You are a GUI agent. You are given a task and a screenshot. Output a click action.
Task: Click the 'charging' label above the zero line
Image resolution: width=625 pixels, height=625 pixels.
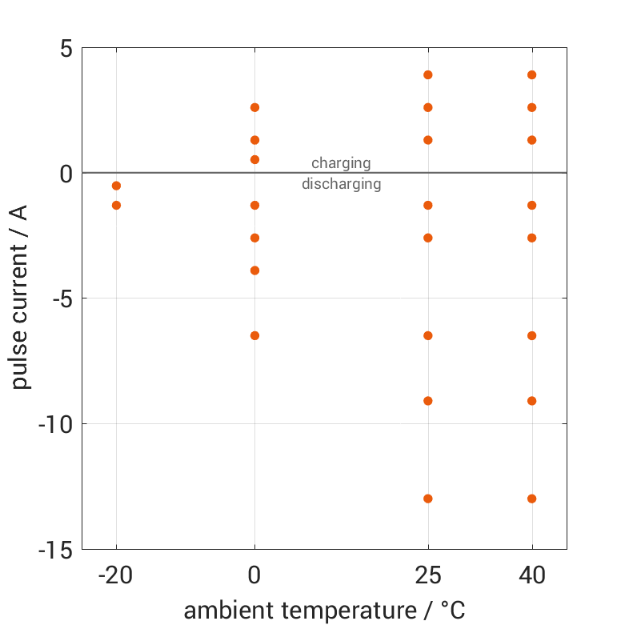[x=341, y=163]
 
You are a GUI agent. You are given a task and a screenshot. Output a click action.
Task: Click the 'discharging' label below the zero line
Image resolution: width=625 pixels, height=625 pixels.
[x=341, y=184]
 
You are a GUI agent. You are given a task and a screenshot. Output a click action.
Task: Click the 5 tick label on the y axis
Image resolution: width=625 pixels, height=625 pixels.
[x=65, y=48]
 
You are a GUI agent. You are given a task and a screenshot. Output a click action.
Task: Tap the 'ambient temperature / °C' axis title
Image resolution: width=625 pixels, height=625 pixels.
[x=324, y=611]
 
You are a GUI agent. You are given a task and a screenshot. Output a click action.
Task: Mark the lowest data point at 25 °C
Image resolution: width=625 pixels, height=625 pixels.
[x=428, y=499]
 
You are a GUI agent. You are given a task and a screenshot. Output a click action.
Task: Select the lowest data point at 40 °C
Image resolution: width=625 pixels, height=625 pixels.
[x=532, y=499]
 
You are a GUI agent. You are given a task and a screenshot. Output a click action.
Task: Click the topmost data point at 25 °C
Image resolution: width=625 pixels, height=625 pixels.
[x=428, y=75]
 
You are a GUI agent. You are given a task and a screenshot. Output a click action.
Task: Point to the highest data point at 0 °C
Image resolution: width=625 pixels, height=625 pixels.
[x=254, y=107]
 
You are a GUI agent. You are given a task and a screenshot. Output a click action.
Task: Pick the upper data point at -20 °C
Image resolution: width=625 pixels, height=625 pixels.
[x=116, y=186]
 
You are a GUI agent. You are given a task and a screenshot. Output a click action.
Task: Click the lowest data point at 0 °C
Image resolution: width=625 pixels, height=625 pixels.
[x=254, y=335]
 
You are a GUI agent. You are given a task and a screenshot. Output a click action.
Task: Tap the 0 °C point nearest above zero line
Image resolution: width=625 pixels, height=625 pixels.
[x=254, y=159]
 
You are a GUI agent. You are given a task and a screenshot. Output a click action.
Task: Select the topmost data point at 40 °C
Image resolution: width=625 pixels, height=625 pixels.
[x=532, y=75]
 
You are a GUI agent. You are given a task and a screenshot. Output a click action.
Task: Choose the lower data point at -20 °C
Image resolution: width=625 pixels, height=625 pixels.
[x=116, y=205]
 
